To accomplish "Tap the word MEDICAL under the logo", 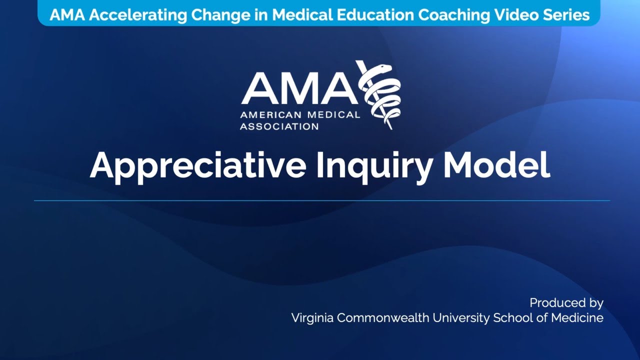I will coord(333,115).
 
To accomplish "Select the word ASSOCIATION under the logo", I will coord(279,126).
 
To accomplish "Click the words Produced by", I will coord(566,303).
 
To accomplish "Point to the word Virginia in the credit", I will coord(312,318).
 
